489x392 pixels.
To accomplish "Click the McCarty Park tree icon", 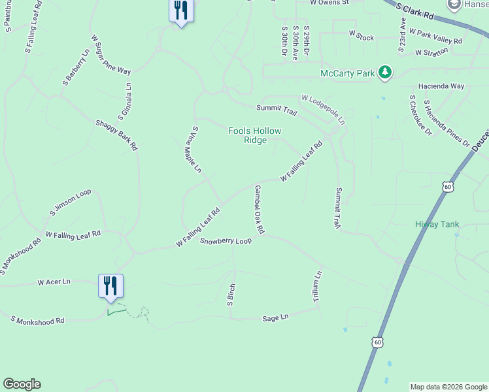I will pyautogui.click(x=386, y=73).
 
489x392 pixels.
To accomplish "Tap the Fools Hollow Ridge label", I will pyautogui.click(x=254, y=135).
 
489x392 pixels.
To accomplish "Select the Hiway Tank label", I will pyautogui.click(x=437, y=224).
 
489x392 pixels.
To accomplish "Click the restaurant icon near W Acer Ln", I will pyautogui.click(x=110, y=286).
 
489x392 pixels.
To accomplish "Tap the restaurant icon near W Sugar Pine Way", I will pyautogui.click(x=180, y=11).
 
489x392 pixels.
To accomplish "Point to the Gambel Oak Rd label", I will pyautogui.click(x=259, y=209).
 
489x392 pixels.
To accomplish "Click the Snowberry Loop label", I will pyautogui.click(x=226, y=241).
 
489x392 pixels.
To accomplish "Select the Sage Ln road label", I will pyautogui.click(x=275, y=318).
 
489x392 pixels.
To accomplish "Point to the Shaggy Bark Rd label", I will pyautogui.click(x=116, y=135).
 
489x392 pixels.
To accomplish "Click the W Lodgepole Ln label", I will pyautogui.click(x=322, y=108).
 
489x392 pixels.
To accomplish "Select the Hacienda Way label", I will pyautogui.click(x=441, y=86).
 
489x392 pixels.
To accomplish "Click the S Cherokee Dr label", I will pyautogui.click(x=420, y=115).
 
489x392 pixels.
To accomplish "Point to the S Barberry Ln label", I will pyautogui.click(x=76, y=68).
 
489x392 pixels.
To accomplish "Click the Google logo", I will pyautogui.click(x=22, y=384).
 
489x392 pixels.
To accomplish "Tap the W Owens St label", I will pyautogui.click(x=330, y=3).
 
